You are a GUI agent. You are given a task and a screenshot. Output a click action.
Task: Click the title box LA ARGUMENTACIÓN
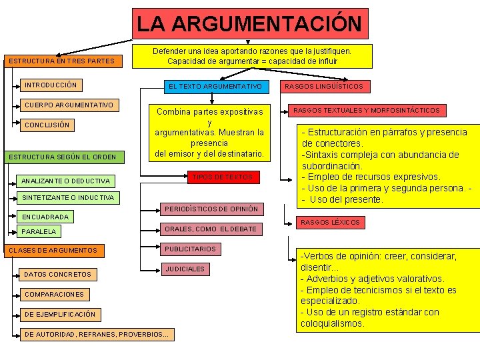click(249, 24)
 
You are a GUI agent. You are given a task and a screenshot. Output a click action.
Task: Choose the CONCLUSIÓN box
click(47, 125)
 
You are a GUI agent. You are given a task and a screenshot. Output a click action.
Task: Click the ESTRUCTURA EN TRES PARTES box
click(61, 62)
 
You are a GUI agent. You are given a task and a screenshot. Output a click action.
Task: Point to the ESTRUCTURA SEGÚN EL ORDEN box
click(62, 157)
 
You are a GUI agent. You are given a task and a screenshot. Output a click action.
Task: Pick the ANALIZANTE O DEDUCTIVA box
click(66, 181)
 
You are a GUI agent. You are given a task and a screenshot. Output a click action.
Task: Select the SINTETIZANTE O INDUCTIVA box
click(67, 198)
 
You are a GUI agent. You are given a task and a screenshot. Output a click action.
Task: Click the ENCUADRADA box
click(45, 217)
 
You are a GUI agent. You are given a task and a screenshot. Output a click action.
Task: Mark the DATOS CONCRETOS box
click(57, 274)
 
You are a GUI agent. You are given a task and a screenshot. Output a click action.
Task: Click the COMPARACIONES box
click(54, 294)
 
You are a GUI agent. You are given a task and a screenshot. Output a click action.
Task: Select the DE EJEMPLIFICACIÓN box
click(59, 314)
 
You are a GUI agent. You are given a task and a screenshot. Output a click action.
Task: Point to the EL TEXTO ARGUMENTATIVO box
click(215, 87)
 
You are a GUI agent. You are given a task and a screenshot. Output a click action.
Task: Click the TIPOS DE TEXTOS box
click(222, 177)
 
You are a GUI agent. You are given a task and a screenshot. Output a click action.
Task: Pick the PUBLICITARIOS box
click(190, 249)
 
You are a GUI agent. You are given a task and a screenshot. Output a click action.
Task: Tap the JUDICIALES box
click(185, 269)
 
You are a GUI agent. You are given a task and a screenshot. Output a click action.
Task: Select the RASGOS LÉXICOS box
click(330, 222)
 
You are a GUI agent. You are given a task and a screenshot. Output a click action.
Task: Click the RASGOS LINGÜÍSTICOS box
click(324, 87)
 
